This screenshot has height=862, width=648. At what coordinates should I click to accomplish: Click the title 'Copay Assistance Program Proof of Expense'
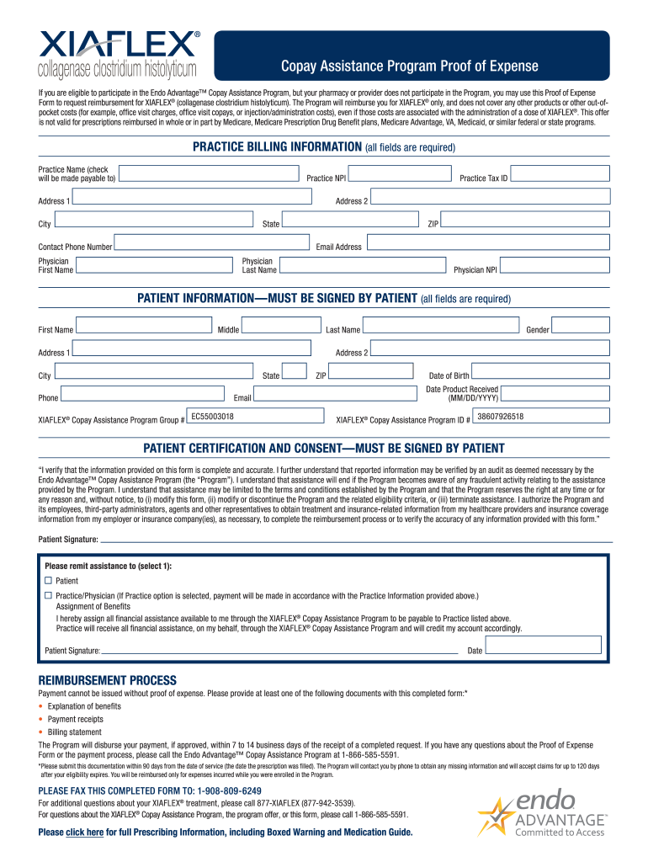coord(410,67)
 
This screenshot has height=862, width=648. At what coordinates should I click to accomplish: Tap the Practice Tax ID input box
coord(560,173)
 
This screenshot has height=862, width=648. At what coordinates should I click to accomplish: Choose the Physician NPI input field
coord(555,266)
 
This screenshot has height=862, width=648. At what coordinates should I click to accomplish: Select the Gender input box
coord(582,325)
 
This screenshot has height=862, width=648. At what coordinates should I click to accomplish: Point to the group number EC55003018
coord(213,417)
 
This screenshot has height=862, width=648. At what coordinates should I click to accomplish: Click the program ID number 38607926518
coord(500,417)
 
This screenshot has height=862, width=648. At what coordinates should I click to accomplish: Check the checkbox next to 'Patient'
coord(48,581)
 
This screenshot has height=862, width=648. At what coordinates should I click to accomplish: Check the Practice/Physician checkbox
coord(48,595)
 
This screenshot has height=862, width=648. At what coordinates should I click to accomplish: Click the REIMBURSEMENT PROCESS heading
coord(108,680)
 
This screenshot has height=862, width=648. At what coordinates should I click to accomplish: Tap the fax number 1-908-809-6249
coord(229,791)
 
